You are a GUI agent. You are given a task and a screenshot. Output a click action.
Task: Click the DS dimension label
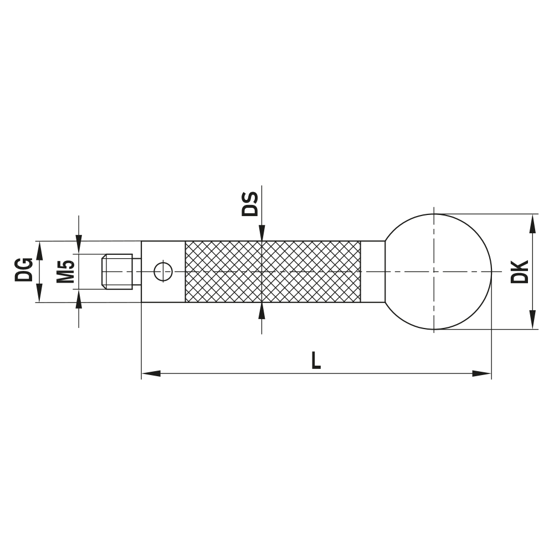(x=250, y=203)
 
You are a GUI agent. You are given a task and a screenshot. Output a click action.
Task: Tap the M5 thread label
(x=66, y=271)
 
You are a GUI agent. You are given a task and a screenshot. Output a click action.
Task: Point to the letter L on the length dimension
(x=315, y=361)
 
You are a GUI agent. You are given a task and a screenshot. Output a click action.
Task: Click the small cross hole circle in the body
(x=163, y=271)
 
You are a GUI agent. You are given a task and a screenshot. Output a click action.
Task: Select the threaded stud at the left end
(x=118, y=271)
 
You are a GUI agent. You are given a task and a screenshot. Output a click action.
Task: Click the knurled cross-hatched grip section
(x=273, y=271)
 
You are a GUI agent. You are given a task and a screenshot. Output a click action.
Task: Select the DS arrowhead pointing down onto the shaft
(x=261, y=234)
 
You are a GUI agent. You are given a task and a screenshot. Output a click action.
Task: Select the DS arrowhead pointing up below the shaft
(x=261, y=310)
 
